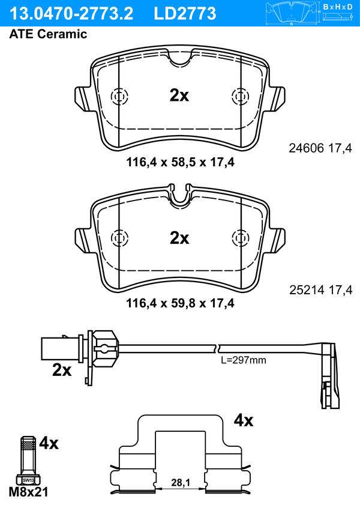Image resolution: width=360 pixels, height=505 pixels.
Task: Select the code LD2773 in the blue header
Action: pos(185,14)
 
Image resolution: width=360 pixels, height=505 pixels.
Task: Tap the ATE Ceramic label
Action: pos(48,34)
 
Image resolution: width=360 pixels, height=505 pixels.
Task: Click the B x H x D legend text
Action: pos(337,7)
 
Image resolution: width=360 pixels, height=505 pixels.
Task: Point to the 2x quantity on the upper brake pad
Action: pos(179,95)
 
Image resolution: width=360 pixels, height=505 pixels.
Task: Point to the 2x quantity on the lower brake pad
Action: pos(179,238)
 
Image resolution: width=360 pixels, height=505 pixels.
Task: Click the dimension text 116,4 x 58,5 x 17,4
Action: pos(180,162)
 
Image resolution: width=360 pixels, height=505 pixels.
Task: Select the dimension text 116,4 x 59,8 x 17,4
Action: pos(180,303)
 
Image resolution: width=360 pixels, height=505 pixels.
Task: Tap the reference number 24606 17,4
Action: pos(320,148)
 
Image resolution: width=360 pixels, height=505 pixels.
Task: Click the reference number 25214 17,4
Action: pos(320,290)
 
